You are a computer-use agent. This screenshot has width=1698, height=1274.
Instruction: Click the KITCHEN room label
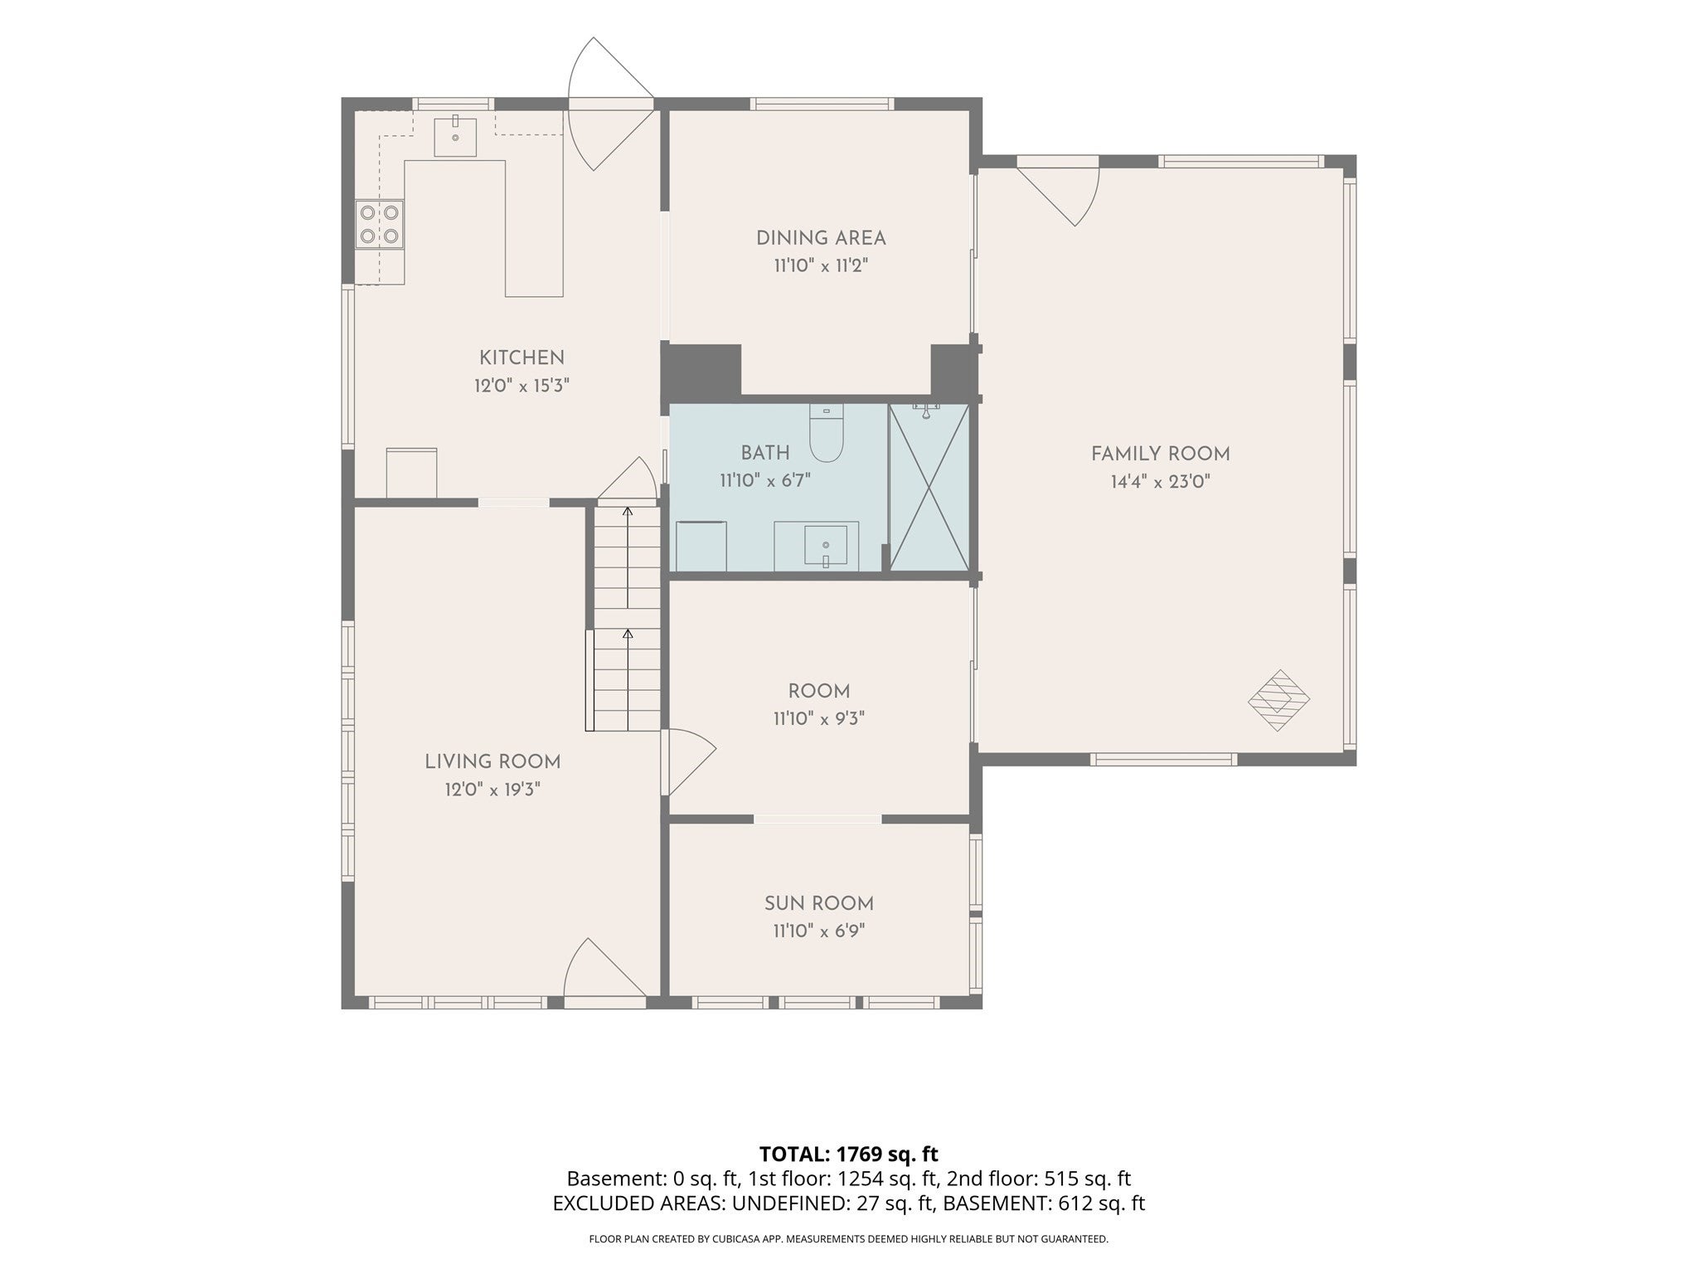pos(522,357)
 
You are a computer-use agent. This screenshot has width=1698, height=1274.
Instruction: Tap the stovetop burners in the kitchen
pos(380,224)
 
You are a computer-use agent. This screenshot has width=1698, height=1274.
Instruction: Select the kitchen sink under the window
pos(455,137)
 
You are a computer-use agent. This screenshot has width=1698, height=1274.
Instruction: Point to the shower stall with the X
pos(929,488)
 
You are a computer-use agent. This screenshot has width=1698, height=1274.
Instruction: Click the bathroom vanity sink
pos(826,545)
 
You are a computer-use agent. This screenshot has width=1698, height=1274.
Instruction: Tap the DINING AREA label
pos(821,238)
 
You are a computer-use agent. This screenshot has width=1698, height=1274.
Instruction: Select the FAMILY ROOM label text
pos(1161,454)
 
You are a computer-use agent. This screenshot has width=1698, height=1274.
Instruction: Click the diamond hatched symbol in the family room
pos(1278,700)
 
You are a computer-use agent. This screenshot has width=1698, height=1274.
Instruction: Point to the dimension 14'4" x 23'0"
pos(1161,482)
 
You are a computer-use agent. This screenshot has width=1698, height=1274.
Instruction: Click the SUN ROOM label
pos(819,903)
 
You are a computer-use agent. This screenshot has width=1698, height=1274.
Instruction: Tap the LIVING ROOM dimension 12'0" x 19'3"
pos(492,790)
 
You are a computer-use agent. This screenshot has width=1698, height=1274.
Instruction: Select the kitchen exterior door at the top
pos(610,104)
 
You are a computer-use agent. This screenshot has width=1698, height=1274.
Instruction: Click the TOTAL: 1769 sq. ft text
pos(849,1154)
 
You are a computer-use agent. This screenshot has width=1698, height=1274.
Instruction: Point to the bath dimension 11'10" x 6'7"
pos(765,480)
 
